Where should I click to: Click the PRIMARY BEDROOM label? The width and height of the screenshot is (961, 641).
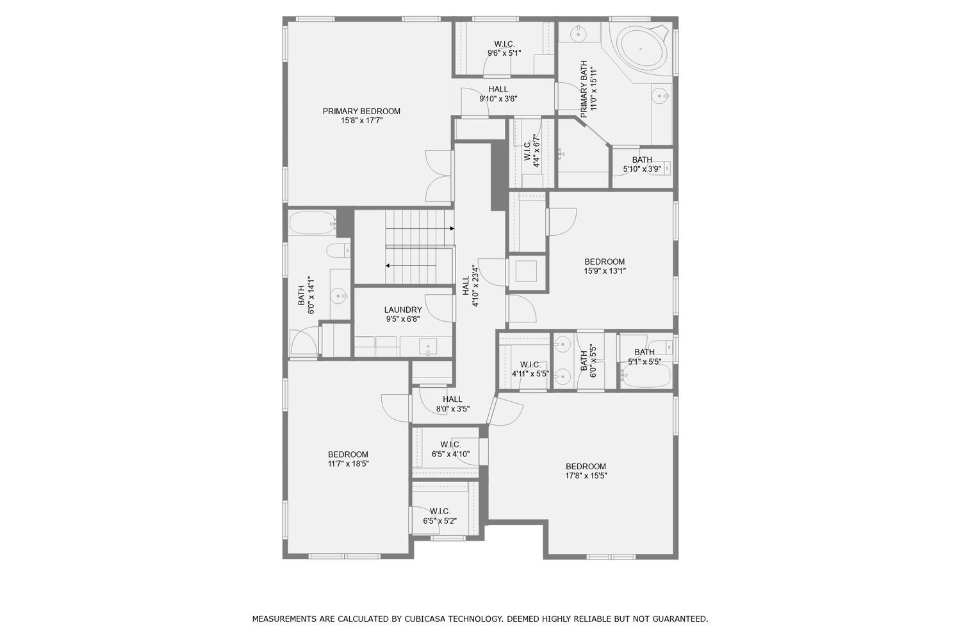[361, 111]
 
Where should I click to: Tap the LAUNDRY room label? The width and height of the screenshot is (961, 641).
[403, 310]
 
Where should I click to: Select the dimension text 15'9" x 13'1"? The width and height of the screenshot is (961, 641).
[604, 271]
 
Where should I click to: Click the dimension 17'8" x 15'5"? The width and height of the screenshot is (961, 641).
[586, 476]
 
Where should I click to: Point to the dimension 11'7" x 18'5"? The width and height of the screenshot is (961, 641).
[348, 463]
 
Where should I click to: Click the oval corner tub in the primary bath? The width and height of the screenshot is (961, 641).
[642, 48]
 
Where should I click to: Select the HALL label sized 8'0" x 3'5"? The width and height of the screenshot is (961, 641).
[452, 399]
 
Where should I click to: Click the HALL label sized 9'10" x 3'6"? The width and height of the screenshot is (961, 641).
[498, 89]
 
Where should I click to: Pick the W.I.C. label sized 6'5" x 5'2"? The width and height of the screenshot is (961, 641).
[440, 511]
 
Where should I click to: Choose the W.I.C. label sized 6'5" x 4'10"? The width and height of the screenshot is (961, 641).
[450, 444]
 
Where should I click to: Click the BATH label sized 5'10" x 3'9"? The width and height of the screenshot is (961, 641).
[642, 160]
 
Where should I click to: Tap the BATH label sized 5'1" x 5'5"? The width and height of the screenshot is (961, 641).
[645, 352]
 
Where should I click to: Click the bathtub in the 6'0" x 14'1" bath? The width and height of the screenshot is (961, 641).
[311, 224]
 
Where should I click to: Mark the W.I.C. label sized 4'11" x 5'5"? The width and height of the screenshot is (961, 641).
[530, 364]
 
